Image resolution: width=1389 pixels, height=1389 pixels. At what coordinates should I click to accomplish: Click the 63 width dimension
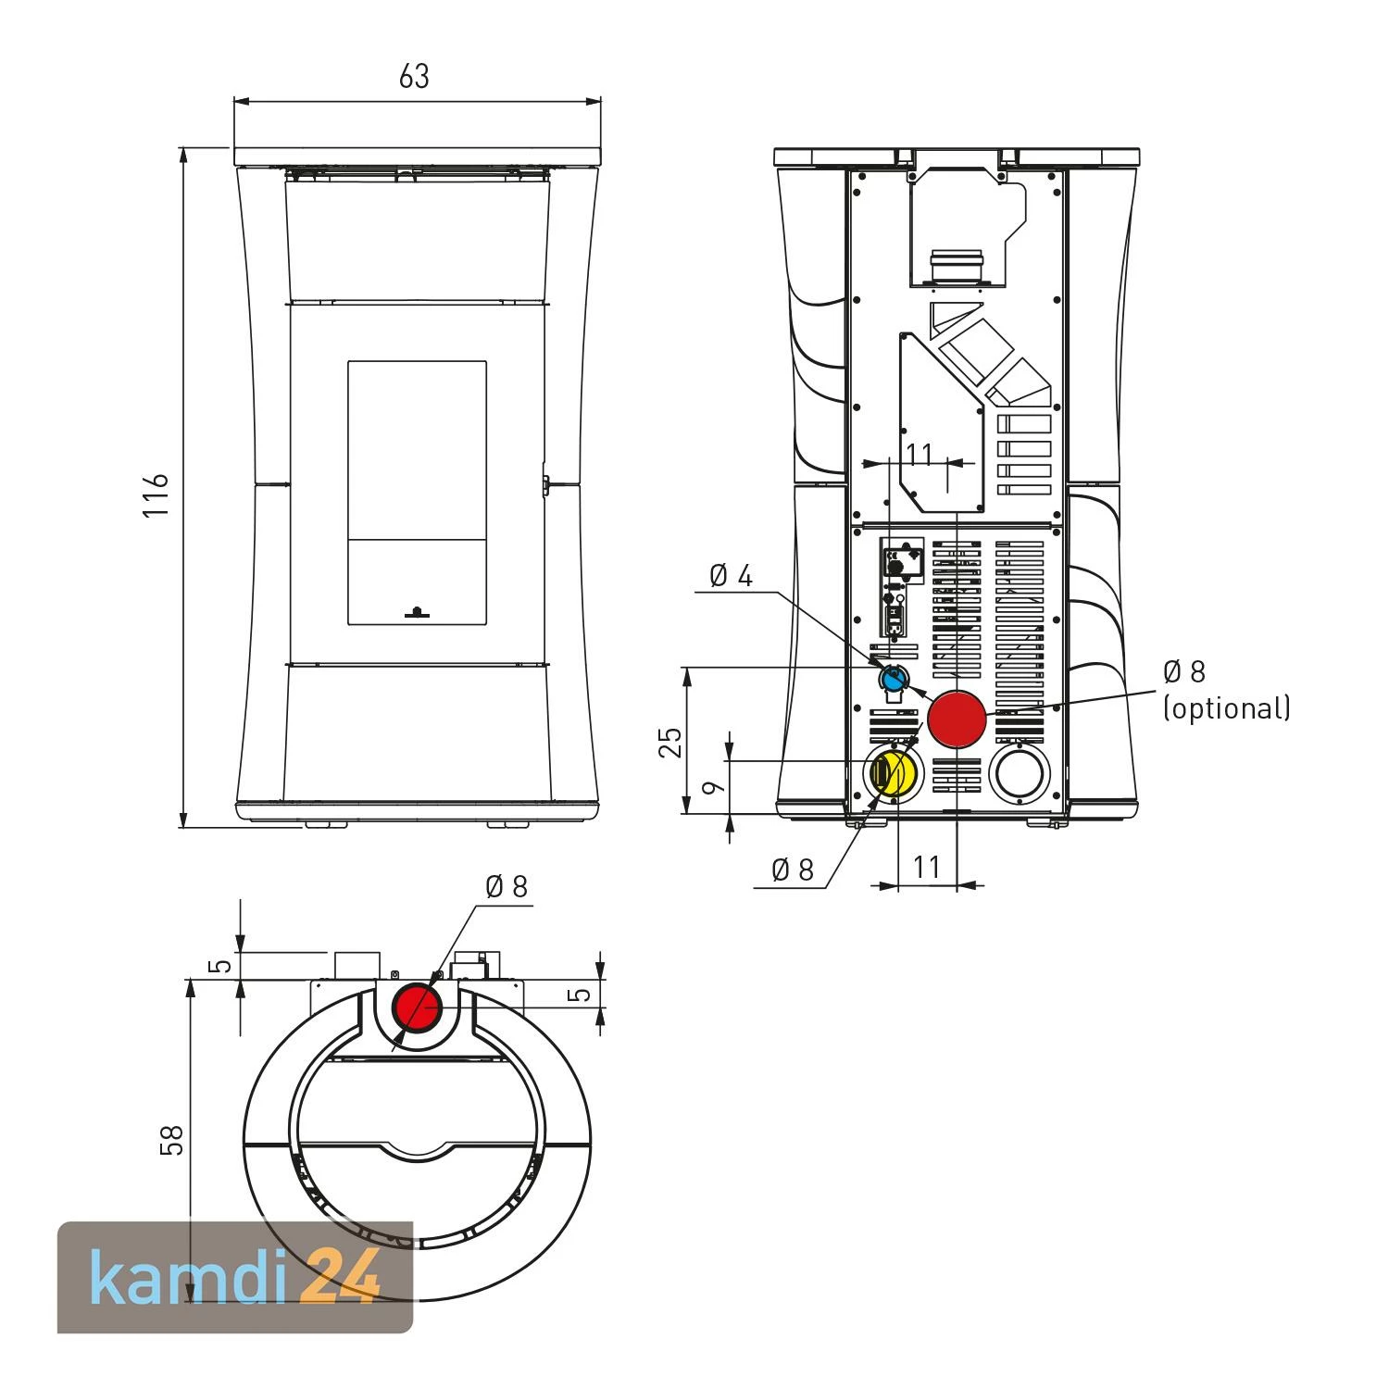pos(414,76)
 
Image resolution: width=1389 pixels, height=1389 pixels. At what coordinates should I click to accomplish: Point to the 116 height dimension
pos(156,494)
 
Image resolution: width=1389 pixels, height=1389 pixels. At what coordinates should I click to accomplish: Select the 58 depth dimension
pos(172,1140)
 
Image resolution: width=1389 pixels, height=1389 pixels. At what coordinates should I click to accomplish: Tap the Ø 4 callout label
pos(731,576)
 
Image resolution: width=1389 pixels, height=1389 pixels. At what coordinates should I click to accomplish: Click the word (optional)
pos(1227,708)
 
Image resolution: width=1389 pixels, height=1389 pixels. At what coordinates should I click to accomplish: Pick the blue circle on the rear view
pos(893,680)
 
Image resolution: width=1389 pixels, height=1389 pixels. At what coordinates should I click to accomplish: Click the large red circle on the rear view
pos(957,719)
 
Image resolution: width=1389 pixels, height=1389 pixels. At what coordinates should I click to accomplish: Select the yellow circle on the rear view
pos(893,773)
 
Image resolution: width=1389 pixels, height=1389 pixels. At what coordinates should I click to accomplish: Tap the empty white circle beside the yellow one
pos(1020,773)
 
